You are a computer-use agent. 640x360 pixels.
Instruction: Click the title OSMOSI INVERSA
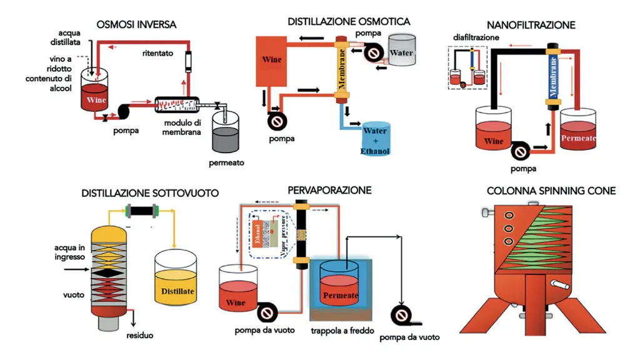pyautogui.click(x=136, y=24)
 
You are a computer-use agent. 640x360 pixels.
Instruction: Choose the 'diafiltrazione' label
pyautogui.click(x=476, y=37)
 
